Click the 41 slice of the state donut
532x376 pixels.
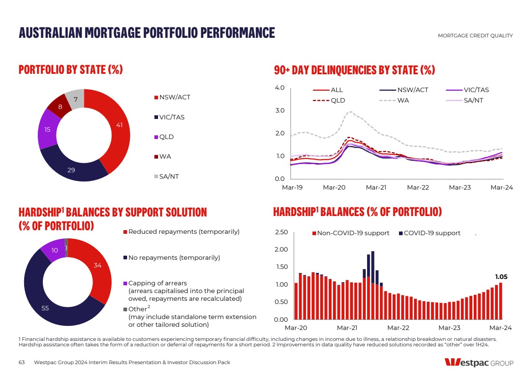point(119,124)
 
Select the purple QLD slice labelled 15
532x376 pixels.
point(47,129)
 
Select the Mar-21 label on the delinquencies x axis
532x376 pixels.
point(376,187)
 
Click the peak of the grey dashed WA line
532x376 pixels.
point(350,112)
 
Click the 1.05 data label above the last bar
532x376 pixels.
point(501,277)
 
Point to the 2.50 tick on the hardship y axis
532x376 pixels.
point(281,233)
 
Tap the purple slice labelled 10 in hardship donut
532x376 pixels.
point(55,250)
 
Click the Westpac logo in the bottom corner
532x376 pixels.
point(479,363)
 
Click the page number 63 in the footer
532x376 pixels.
point(21,362)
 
